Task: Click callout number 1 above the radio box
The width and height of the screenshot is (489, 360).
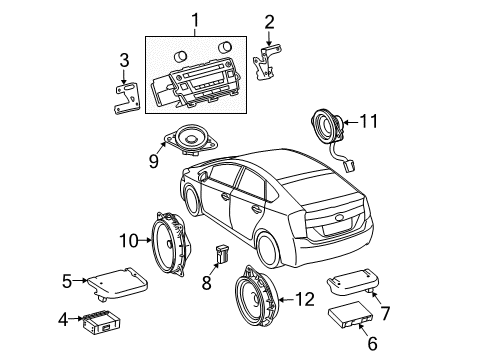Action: pos(195,19)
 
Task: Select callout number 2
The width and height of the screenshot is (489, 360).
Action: pos(268,21)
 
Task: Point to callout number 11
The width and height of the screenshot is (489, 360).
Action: pos(369,122)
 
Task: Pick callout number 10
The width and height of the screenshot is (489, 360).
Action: pos(128,240)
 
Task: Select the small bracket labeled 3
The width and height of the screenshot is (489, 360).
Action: pos(126,102)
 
